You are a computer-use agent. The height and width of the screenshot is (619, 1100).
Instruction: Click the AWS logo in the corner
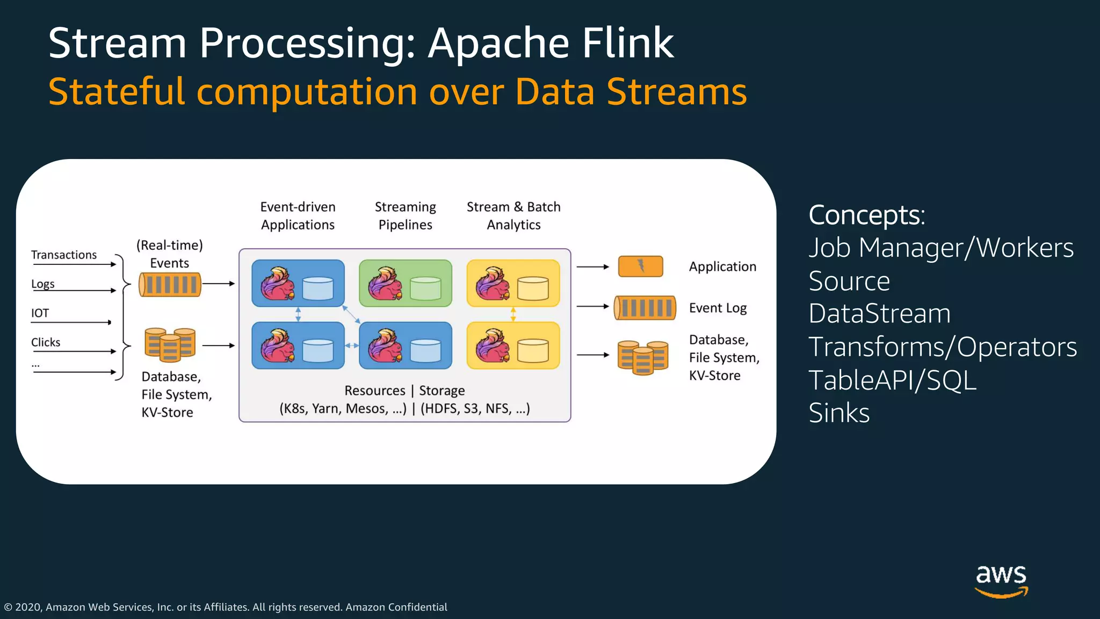coord(1001,580)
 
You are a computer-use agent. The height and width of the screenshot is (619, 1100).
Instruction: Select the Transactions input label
coord(64,255)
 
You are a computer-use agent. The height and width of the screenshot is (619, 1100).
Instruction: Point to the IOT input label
coord(40,313)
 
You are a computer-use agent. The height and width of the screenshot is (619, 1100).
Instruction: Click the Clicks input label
coord(46,342)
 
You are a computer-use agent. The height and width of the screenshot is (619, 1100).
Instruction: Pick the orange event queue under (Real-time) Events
coord(170,284)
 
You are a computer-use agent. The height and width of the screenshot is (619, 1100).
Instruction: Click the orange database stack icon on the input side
coord(170,344)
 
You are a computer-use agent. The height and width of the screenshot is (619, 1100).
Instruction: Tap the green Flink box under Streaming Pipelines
coord(406,283)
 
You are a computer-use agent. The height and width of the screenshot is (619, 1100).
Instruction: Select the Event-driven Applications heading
coord(298,215)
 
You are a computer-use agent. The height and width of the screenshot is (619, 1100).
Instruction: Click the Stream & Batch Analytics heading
coord(513,215)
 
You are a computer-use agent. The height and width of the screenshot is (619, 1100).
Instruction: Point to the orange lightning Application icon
coord(640,266)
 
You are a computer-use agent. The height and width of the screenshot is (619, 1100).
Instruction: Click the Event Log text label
coord(718,308)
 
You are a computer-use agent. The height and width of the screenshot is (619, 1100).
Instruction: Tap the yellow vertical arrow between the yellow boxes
coord(513,314)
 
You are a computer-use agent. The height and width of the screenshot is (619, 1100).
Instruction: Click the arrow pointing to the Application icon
coord(592,267)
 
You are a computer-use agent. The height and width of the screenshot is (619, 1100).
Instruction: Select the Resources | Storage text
coord(404,391)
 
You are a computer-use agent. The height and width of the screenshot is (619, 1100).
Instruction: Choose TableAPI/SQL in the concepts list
coord(892,380)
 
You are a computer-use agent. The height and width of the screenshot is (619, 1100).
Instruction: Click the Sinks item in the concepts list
coord(839,413)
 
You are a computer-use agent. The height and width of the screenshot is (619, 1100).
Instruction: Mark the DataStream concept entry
coord(879,314)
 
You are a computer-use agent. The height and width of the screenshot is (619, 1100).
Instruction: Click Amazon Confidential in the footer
coord(396,607)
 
